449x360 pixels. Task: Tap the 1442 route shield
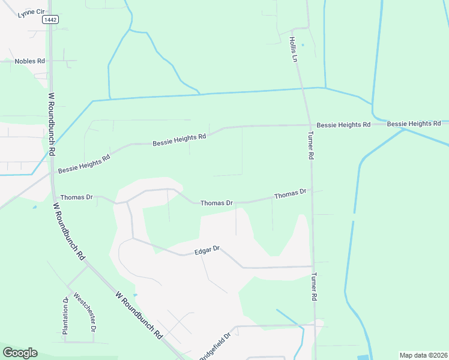tap(50, 20)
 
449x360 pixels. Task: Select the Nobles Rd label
tap(30, 61)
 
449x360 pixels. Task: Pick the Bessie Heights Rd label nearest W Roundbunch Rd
tap(84, 164)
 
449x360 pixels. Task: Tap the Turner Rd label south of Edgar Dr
tap(313, 287)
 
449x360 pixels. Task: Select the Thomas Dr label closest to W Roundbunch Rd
tap(76, 197)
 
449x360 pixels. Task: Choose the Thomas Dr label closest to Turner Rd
tap(291, 194)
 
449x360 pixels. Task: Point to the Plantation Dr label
tap(65, 316)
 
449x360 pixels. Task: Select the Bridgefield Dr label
tap(214, 347)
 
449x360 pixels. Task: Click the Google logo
tap(20, 353)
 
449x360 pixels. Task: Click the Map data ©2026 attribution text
tap(423, 355)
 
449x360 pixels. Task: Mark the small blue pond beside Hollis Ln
tap(303, 44)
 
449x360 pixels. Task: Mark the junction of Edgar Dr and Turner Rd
tap(313, 266)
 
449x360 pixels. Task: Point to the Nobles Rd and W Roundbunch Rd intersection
tap(50, 61)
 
